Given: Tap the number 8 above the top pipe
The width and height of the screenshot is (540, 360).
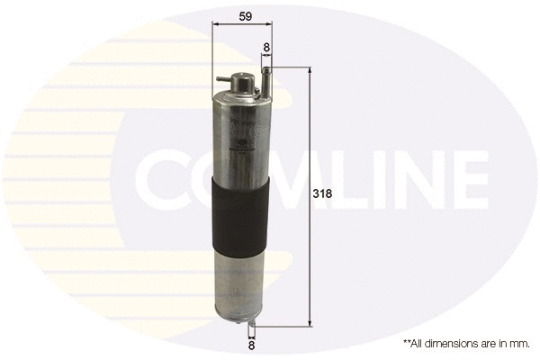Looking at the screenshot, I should coord(266,46).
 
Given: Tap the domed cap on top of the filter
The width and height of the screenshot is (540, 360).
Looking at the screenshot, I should coord(240,80).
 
